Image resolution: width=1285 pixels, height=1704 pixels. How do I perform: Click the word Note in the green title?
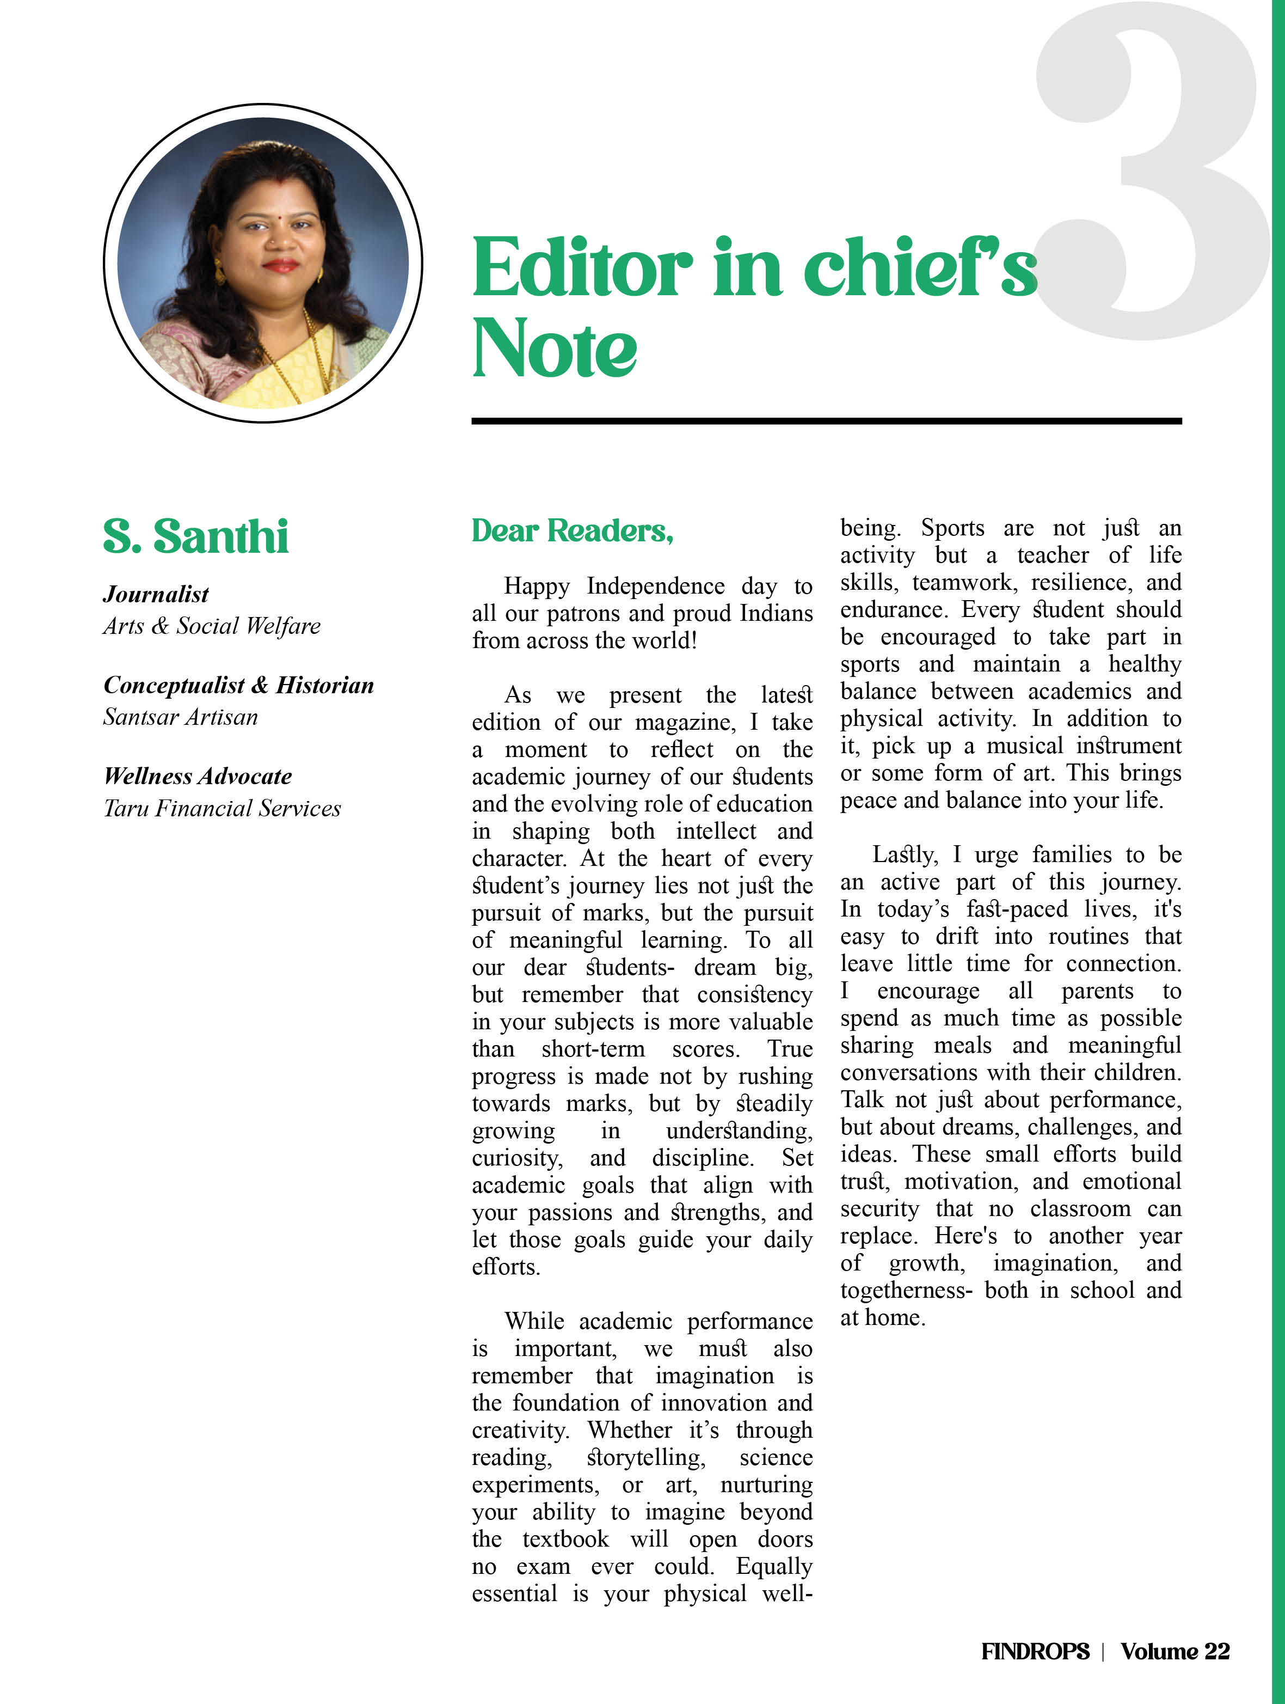click(555, 348)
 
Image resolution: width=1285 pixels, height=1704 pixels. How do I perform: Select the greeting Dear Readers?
click(572, 531)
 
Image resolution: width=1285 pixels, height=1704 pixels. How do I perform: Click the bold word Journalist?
click(156, 594)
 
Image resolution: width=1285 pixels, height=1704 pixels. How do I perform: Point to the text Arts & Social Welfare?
click(212, 626)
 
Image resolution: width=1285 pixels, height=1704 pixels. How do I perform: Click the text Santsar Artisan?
click(180, 717)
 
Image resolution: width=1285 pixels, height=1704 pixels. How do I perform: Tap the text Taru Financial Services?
click(222, 808)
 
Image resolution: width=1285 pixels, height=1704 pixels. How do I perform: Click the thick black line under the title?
click(826, 420)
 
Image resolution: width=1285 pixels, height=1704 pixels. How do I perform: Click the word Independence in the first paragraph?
click(655, 586)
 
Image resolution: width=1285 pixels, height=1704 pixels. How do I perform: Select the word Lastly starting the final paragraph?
click(905, 855)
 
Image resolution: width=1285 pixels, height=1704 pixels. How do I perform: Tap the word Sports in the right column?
click(952, 528)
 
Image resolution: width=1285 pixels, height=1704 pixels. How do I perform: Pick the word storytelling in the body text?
click(645, 1457)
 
